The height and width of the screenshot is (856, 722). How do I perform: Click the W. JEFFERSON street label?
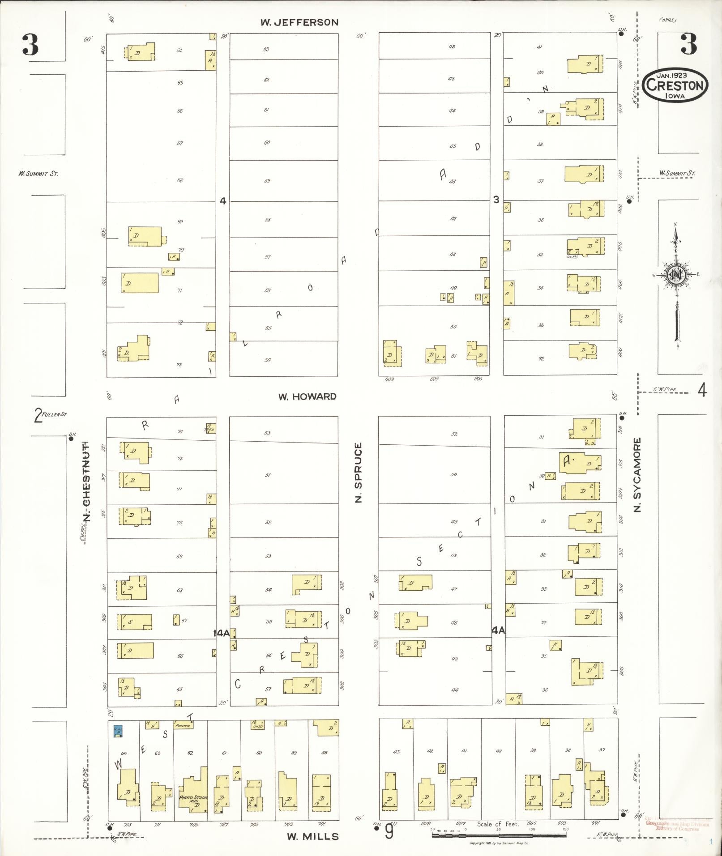pos(299,22)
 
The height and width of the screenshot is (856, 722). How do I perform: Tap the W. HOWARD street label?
pos(307,396)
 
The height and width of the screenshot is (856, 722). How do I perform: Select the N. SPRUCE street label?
pos(358,473)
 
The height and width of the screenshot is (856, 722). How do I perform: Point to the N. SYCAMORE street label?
pos(637,475)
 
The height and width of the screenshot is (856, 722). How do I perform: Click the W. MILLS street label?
pos(313,836)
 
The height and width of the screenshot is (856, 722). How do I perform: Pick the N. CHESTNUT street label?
pos(86,481)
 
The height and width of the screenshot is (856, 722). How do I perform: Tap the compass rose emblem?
pos(675,275)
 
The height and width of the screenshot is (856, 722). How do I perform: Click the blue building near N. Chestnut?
pos(118,731)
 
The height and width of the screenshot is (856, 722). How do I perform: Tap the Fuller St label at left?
pos(50,415)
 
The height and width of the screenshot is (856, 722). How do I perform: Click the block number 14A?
pos(221,633)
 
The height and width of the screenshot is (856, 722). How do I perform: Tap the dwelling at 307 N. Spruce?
pos(415,583)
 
